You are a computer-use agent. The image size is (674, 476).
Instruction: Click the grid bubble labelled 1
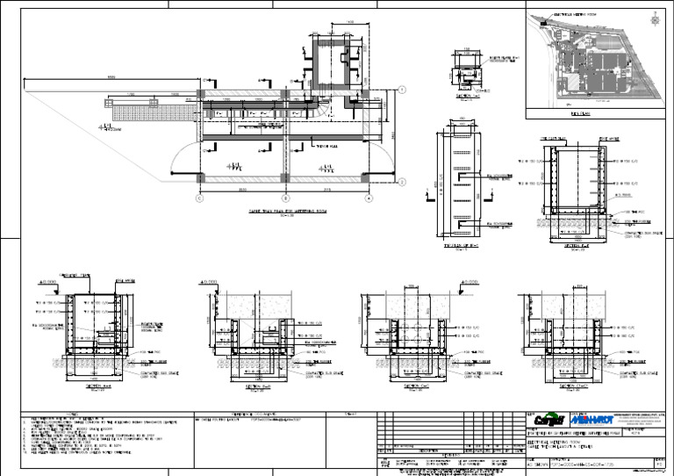(401, 90)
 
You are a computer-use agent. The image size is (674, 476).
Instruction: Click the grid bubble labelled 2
(401, 182)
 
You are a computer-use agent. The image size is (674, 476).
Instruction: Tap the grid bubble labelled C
(200, 198)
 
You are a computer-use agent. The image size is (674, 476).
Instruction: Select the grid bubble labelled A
(369, 198)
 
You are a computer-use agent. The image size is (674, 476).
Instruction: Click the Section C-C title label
(417, 385)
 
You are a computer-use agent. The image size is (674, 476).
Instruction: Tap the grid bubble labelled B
(284, 198)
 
